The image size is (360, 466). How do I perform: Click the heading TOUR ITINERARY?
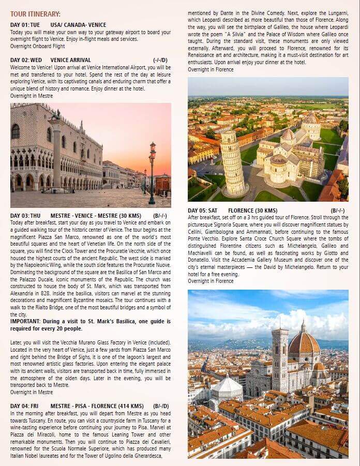(x=35, y=14)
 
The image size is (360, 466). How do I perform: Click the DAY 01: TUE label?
(x=25, y=25)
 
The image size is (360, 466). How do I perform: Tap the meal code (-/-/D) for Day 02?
(x=160, y=60)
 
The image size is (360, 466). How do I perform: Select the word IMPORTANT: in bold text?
(x=26, y=321)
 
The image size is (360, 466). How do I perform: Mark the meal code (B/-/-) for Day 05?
(x=338, y=211)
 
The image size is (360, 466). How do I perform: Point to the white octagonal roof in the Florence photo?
(x=228, y=385)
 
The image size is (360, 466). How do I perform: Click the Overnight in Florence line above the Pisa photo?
(x=211, y=69)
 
